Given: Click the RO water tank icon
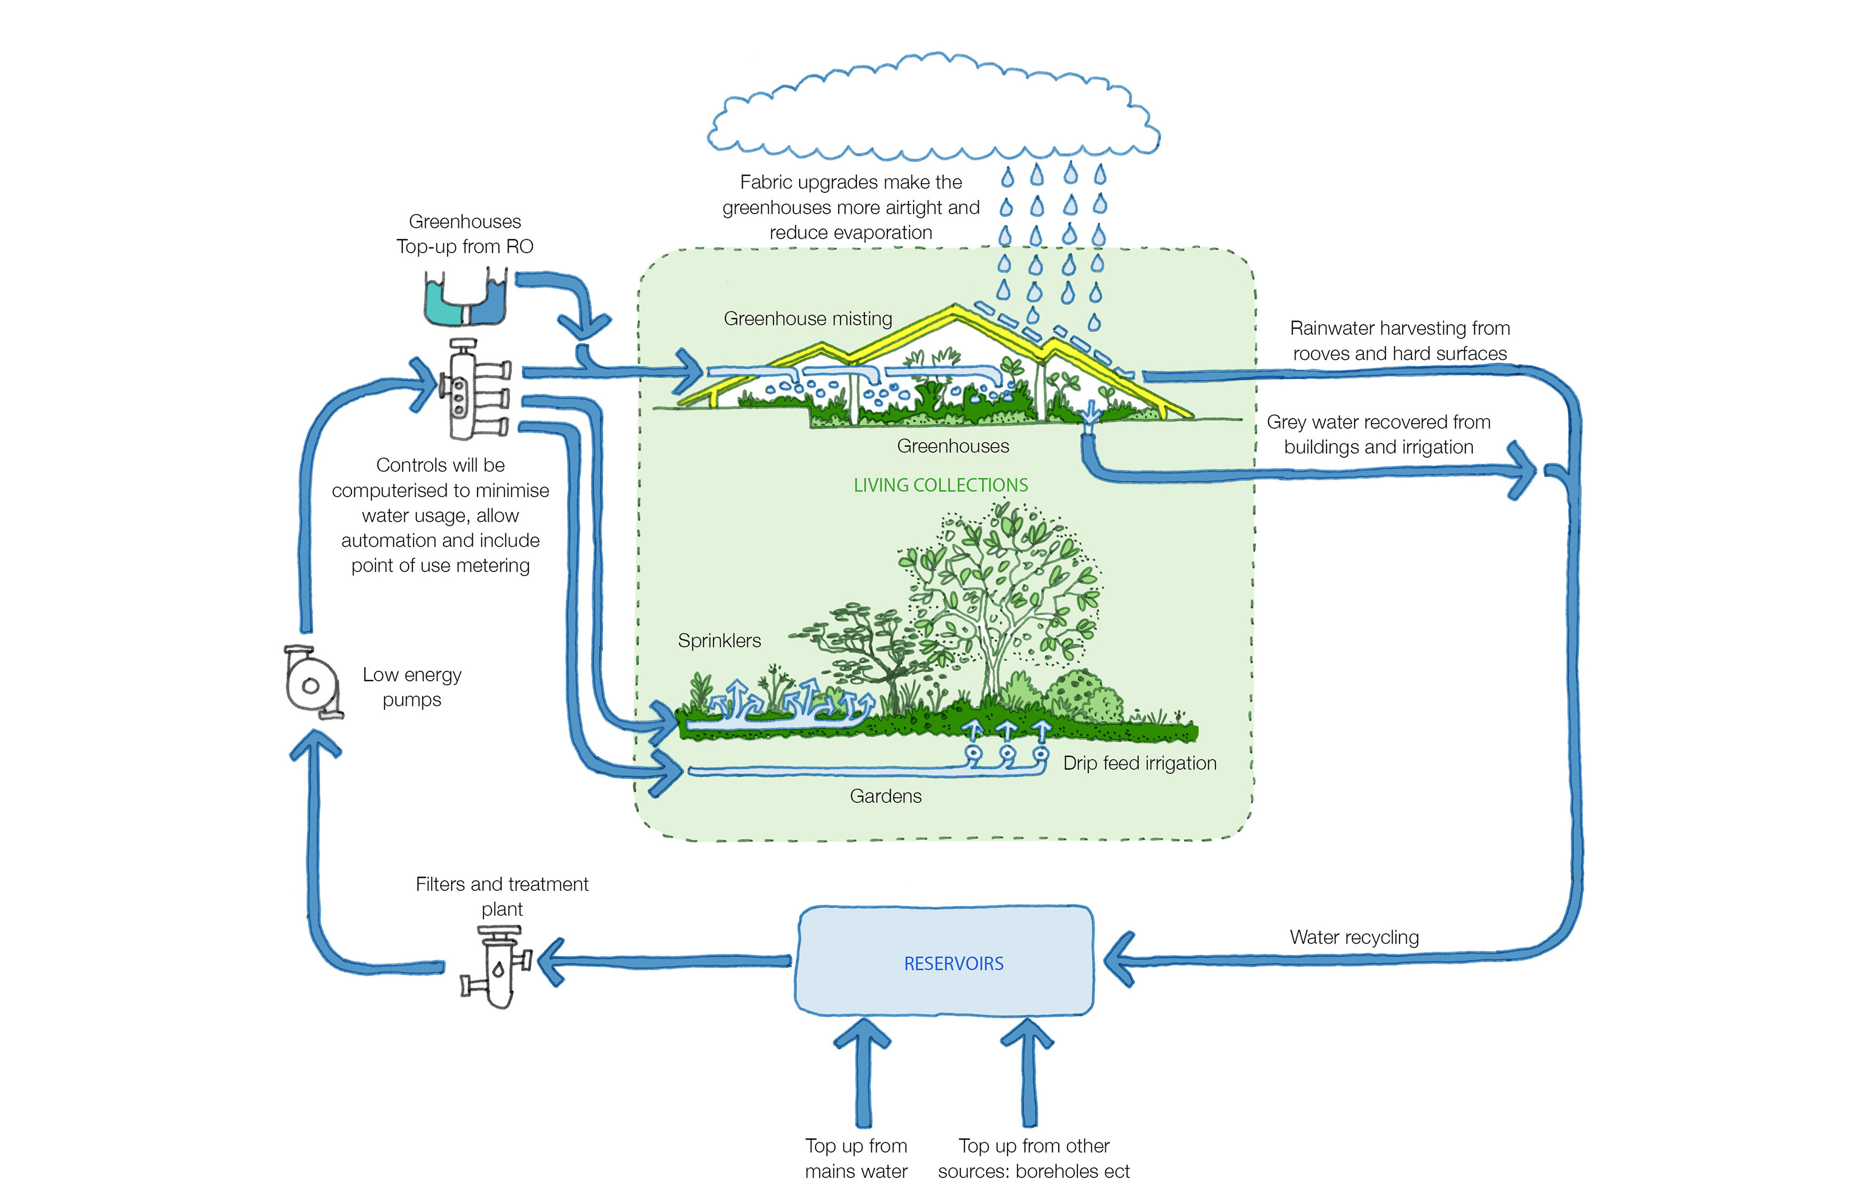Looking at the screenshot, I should pyautogui.click(x=465, y=298).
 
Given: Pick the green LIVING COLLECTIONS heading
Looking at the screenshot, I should pyautogui.click(x=940, y=485).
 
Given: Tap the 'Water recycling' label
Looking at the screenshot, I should pyautogui.click(x=1354, y=937).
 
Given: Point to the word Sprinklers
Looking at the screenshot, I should pyautogui.click(x=719, y=640).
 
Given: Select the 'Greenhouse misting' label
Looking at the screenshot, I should pyautogui.click(x=808, y=318).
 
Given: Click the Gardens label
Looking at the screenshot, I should pyautogui.click(x=886, y=796).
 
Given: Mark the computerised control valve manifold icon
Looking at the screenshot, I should pyautogui.click(x=473, y=390).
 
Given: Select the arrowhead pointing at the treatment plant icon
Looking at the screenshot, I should pyautogui.click(x=552, y=962).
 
